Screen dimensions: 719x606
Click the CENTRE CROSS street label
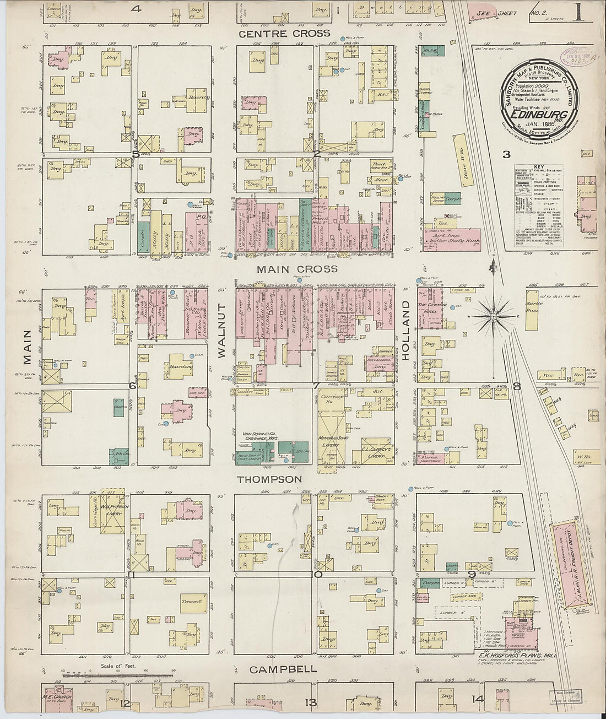[284, 34]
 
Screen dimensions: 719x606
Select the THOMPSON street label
[269, 479]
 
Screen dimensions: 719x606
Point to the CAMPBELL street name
[283, 669]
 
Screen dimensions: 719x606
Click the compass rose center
[494, 317]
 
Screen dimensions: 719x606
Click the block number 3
[505, 154]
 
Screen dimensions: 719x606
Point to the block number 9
[472, 575]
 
